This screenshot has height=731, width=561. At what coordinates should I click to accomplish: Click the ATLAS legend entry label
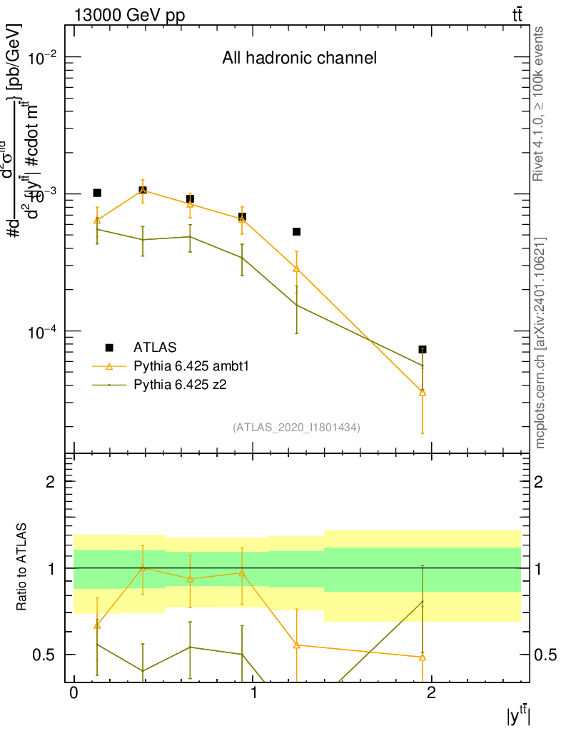coord(154,348)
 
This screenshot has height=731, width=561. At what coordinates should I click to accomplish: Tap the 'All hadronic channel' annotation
coord(299,59)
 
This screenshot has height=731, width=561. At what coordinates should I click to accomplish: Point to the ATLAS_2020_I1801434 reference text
coord(296,428)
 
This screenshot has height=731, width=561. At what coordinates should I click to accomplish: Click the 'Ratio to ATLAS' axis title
coord(22,568)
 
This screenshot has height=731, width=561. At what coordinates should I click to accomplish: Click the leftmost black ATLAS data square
coord(97,193)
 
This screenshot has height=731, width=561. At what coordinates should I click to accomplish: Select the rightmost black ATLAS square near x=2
coord(423,349)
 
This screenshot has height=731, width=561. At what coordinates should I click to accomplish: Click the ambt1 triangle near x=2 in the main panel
coord(423,392)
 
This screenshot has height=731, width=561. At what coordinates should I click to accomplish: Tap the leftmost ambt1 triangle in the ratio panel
coord(97,625)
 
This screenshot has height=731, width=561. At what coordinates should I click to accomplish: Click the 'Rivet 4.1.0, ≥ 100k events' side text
coord(540,104)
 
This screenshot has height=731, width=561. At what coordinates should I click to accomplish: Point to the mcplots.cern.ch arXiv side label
coord(540,343)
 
